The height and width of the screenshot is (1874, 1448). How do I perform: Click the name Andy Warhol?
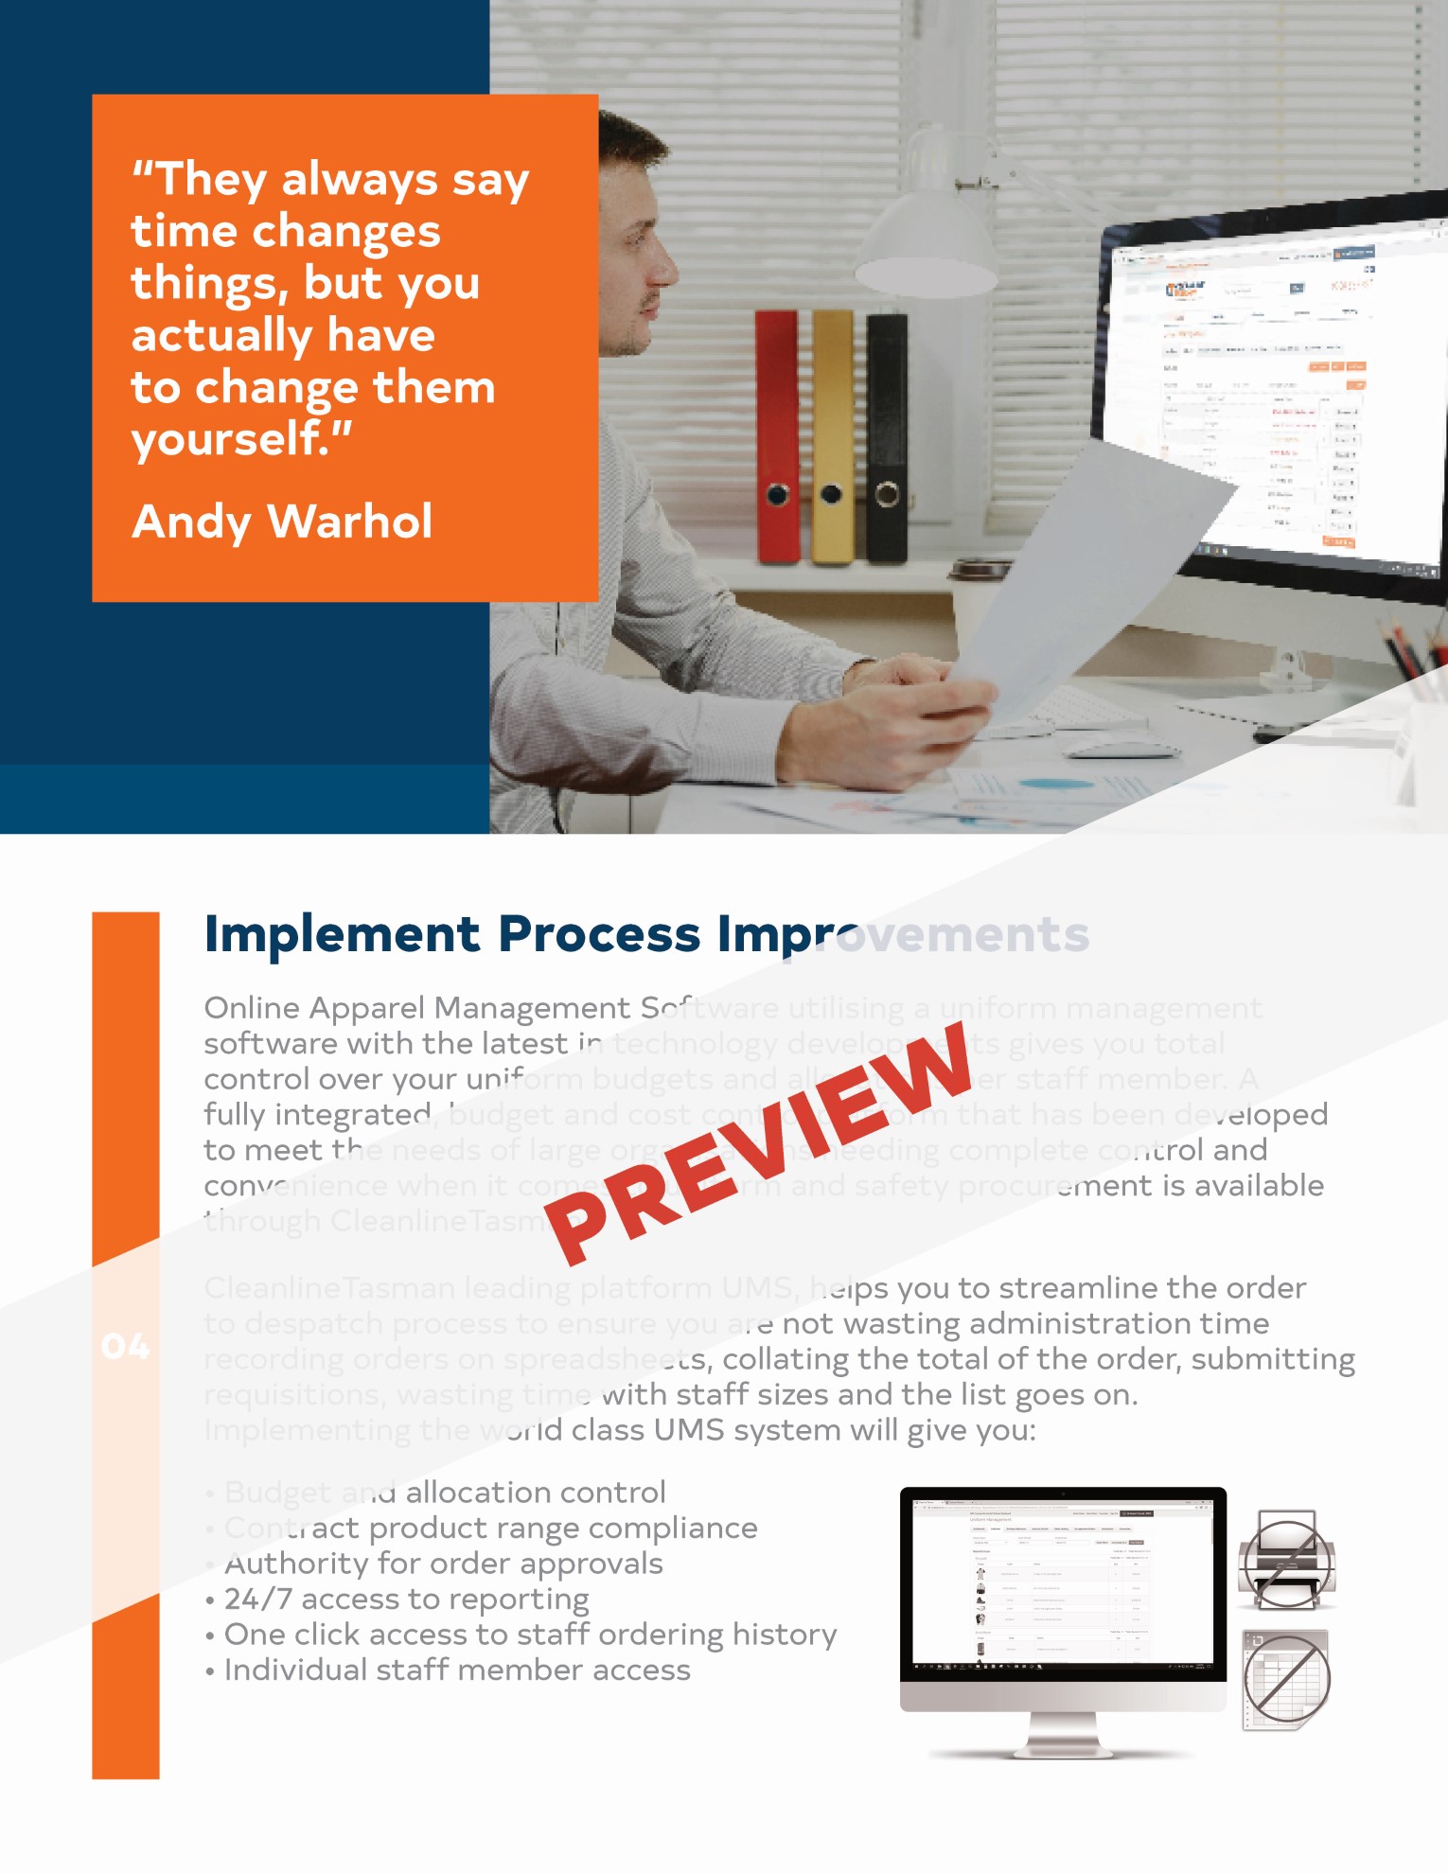(x=282, y=522)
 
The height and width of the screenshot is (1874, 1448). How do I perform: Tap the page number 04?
(x=125, y=1347)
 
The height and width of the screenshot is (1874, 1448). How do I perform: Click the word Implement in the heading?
(x=343, y=934)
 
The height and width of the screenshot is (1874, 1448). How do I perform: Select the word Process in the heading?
(x=600, y=934)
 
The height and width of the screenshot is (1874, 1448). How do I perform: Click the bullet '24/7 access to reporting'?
(x=406, y=1600)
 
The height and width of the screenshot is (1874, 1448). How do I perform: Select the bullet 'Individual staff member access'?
(x=457, y=1671)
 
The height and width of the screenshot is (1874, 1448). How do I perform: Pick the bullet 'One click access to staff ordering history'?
(x=530, y=1635)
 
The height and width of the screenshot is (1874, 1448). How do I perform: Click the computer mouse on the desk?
(x=1121, y=748)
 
